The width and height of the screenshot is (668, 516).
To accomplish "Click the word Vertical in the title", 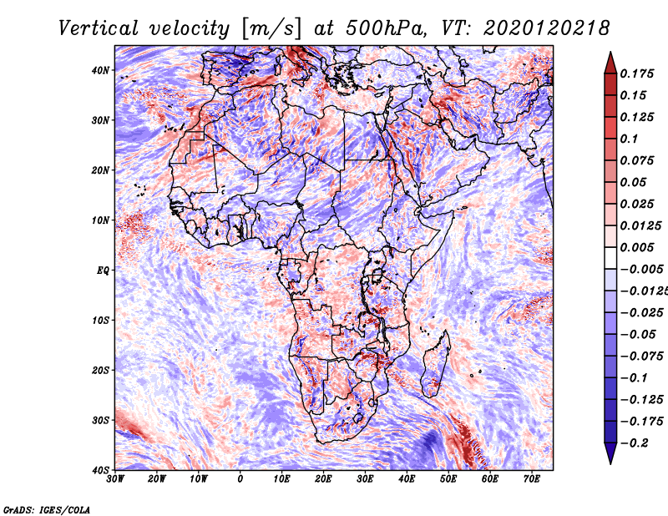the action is pos(98,28).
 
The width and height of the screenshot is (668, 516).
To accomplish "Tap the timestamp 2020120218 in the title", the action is pos(547,28).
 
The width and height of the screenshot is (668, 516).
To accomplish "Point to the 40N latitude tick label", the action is pos(100,70).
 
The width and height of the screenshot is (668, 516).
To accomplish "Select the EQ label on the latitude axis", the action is pos(103,271).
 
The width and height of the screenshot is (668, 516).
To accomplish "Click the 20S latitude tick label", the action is pos(100,371).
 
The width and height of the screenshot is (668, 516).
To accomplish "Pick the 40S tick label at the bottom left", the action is pos(100,470).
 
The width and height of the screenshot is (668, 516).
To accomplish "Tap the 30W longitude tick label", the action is pos(115,479).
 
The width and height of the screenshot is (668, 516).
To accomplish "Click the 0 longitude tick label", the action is pos(240,479).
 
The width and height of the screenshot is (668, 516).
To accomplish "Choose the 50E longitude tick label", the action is pos(448,479).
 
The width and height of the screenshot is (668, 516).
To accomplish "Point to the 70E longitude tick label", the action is pos(531,479).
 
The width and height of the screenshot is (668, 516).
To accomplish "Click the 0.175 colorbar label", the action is pos(637,73).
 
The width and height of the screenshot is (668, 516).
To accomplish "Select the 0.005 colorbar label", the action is pos(637,247).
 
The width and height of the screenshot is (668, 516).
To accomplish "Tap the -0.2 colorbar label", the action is pos(635,443).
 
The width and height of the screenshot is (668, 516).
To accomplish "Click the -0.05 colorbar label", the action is pos(638,335).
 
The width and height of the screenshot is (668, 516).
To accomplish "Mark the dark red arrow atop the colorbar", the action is pos(610,63).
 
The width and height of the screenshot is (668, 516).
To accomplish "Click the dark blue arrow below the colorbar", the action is pos(610,453).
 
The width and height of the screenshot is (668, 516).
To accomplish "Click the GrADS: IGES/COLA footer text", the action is pos(47,509).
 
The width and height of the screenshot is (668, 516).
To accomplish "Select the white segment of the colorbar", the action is pos(610,258).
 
